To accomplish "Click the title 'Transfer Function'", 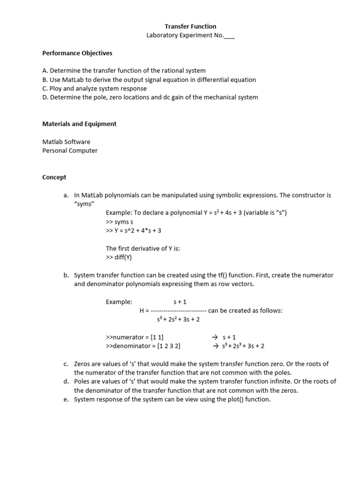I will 190,27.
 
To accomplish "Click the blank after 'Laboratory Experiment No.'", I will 229,35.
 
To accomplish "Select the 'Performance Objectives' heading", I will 77,53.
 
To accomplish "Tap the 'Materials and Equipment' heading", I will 79,124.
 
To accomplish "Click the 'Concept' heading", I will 54,177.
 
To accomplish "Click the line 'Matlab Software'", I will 66,142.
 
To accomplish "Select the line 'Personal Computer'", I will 70,150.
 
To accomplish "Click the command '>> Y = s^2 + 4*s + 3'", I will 134,231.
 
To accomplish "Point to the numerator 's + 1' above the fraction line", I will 180,302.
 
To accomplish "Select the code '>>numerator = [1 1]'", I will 135,337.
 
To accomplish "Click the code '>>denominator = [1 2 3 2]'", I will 143,346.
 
